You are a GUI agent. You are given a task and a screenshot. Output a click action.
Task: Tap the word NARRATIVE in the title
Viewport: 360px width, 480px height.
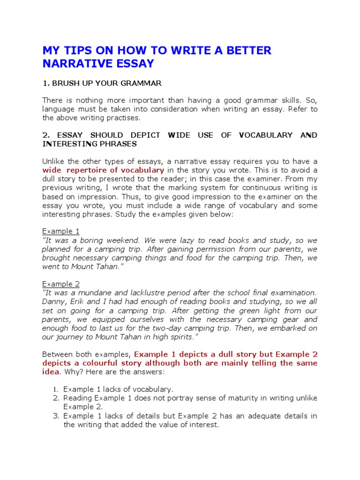[x=72, y=63]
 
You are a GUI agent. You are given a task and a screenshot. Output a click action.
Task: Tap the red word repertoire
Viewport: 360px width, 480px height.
[x=86, y=170]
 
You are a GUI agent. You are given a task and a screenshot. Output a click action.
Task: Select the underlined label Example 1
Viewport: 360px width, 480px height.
[x=61, y=231]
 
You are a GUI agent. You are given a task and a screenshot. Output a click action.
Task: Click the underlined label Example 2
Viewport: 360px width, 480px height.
[x=61, y=284]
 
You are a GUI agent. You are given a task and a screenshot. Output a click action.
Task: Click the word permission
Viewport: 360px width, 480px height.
[x=222, y=249]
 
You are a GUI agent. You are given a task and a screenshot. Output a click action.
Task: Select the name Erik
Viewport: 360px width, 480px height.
[x=75, y=302]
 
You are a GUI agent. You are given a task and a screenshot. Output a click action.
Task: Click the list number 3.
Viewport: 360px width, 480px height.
[x=55, y=416]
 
